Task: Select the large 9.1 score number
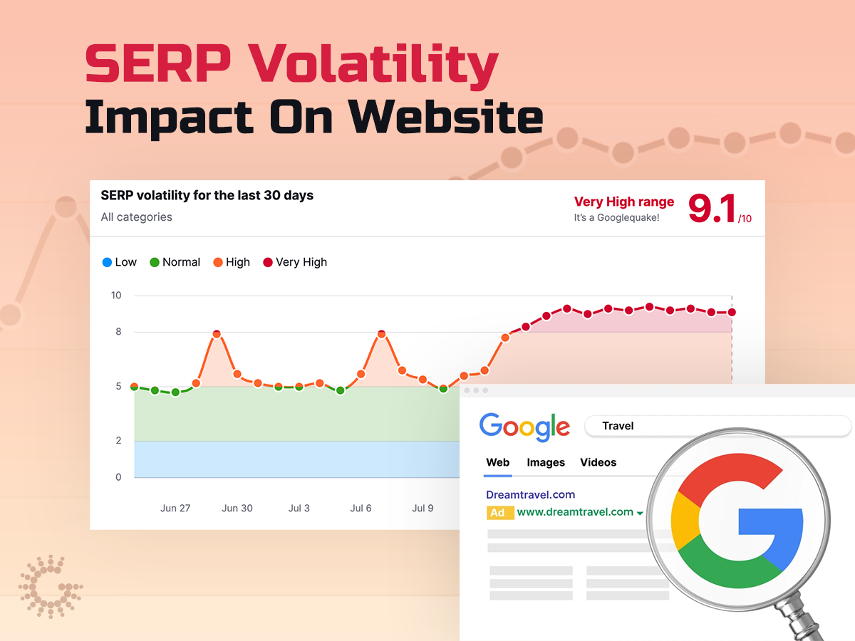712,209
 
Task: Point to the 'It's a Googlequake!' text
616,218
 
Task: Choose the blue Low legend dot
108,262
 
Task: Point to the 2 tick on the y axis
118,441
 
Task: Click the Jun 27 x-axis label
175,508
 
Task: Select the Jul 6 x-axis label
361,508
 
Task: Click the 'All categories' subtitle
136,217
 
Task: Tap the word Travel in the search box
618,426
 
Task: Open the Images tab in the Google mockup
546,462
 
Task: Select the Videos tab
598,462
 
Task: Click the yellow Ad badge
497,513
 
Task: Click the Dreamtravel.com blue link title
530,494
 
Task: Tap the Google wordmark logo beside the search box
524,426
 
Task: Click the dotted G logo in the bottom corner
50,587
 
